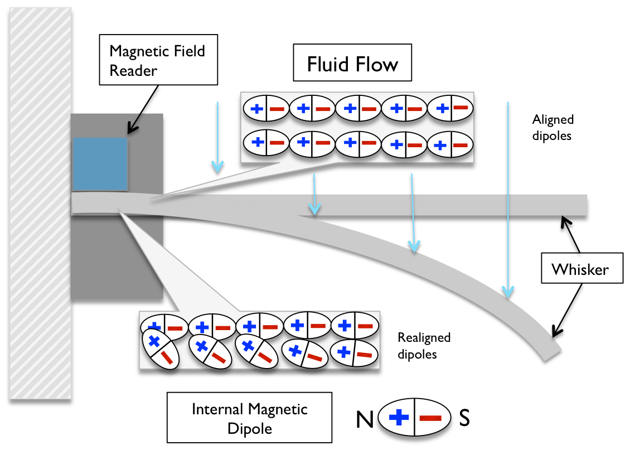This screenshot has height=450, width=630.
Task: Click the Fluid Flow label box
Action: pyautogui.click(x=352, y=64)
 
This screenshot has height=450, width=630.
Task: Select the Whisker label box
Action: pyautogui.click(x=579, y=270)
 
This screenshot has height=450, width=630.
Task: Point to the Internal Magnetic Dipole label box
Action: pyautogui.click(x=249, y=418)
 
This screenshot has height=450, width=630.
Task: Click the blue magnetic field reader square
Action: pyautogui.click(x=100, y=164)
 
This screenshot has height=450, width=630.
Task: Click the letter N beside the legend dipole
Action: pyautogui.click(x=365, y=418)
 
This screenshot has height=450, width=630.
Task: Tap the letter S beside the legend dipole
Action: pyautogui.click(x=464, y=418)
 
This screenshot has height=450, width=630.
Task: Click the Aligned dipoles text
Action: pyautogui.click(x=553, y=127)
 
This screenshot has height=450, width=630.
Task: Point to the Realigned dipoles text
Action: pyautogui.click(x=424, y=346)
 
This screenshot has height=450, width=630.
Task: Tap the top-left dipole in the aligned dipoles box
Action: pyautogui.click(x=265, y=109)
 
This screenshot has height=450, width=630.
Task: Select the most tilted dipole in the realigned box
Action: pyautogui.click(x=160, y=347)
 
